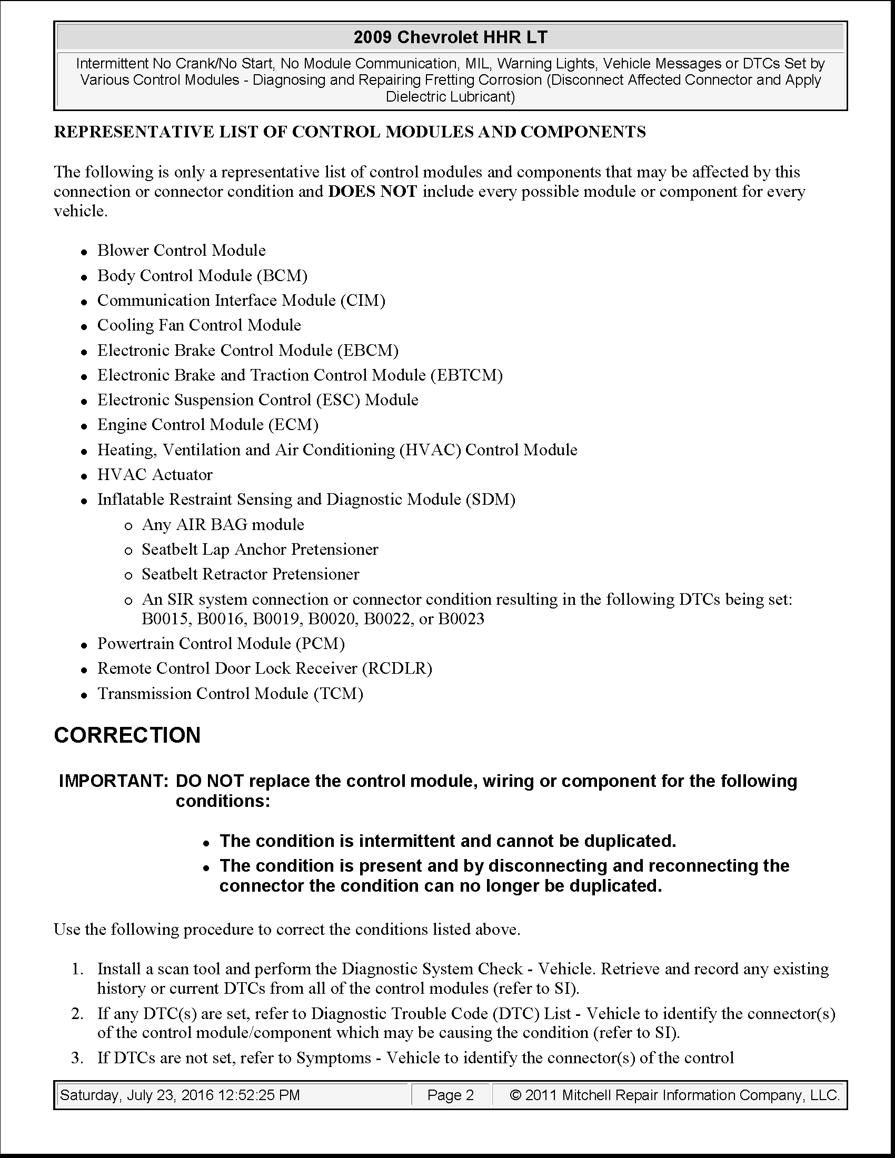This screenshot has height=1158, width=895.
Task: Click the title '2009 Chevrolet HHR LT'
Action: tap(450, 37)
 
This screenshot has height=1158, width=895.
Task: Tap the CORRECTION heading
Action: tap(127, 735)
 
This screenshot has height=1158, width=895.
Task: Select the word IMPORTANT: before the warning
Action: tap(114, 781)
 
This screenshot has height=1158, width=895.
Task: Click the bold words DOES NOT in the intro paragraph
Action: tap(373, 192)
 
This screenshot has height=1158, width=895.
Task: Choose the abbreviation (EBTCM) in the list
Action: tap(466, 375)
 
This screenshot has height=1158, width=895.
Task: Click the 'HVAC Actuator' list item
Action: tap(155, 475)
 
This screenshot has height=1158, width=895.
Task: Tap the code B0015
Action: tap(167, 619)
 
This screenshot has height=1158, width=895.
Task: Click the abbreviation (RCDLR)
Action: tap(397, 668)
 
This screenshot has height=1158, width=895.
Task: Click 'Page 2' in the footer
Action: tap(451, 1095)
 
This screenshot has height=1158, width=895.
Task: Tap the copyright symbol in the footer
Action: tap(515, 1095)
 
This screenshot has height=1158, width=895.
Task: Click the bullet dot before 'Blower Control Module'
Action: tap(84, 252)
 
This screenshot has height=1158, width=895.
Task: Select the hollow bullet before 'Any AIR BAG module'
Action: tap(128, 526)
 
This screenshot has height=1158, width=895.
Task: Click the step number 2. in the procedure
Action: tap(77, 1014)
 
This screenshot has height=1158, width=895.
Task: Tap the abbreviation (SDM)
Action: tap(491, 500)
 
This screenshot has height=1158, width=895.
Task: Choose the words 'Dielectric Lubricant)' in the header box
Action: tap(450, 97)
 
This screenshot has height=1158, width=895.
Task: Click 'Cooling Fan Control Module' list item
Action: tap(199, 325)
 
